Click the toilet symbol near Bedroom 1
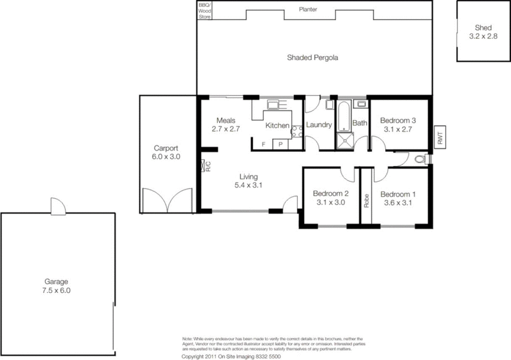click(x=420, y=159)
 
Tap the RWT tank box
click(x=439, y=136)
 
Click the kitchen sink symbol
click(x=273, y=105)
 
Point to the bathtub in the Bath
click(x=344, y=116)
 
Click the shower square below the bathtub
click(x=344, y=140)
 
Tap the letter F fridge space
click(x=264, y=145)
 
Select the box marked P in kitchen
click(x=280, y=145)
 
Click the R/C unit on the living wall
click(x=208, y=167)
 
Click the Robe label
click(x=367, y=200)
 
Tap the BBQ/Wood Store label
click(x=204, y=11)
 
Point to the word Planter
click(x=309, y=10)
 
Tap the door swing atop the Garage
click(x=57, y=206)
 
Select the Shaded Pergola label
click(x=312, y=57)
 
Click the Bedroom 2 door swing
click(x=347, y=174)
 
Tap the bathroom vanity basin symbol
click(x=361, y=103)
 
